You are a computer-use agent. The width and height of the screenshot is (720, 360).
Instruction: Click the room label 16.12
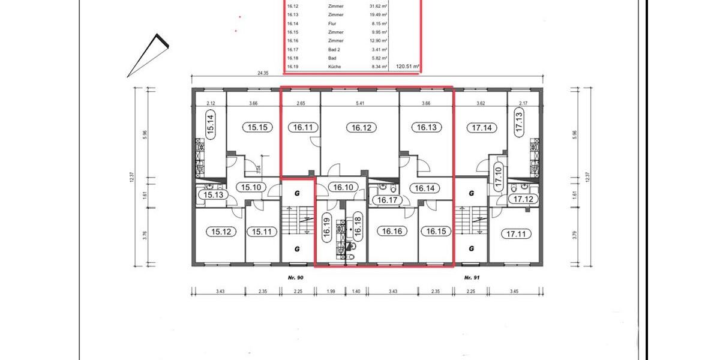358,127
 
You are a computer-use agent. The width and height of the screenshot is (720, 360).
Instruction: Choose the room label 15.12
218,231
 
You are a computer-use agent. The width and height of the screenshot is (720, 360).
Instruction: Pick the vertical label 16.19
327,229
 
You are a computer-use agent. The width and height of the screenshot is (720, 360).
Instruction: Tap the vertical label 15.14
211,127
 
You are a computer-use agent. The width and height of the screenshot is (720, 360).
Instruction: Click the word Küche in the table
335,67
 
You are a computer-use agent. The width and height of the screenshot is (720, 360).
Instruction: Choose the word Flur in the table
332,23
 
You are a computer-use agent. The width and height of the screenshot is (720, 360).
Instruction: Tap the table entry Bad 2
335,49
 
